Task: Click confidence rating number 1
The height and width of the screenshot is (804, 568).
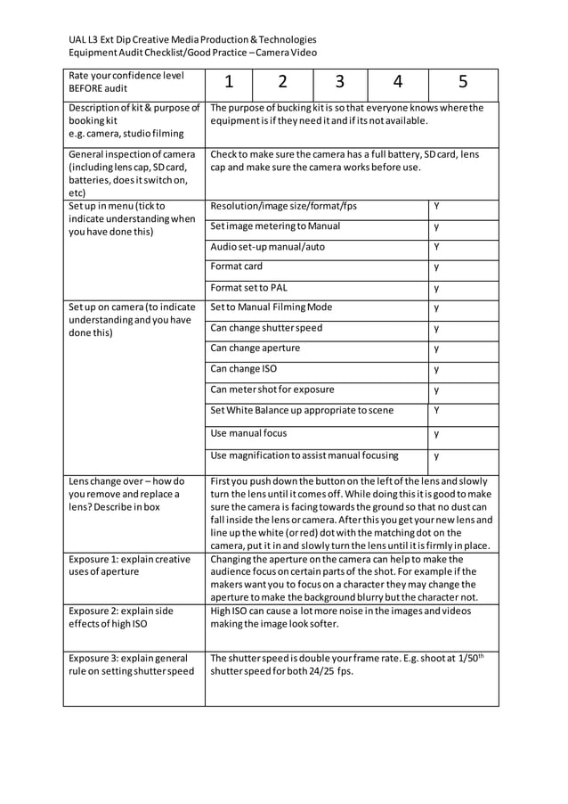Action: (229, 83)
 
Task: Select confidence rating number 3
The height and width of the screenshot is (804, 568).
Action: (339, 83)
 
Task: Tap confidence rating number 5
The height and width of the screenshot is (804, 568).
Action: (463, 83)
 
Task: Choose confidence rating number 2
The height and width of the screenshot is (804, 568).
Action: (282, 83)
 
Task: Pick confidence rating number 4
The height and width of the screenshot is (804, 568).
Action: (397, 83)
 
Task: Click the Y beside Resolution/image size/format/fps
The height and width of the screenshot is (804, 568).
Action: (437, 206)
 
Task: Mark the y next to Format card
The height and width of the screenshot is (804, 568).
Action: (437, 267)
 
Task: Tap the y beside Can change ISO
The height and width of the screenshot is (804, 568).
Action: (437, 369)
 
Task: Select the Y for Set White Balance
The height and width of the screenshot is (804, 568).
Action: (437, 410)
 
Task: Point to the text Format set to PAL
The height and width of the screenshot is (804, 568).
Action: (249, 288)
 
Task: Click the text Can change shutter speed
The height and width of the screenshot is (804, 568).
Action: (266, 328)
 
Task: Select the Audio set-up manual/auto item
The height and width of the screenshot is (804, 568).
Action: (267, 246)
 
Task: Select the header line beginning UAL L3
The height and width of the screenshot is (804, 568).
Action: (192, 39)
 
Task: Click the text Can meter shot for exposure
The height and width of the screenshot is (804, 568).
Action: (272, 390)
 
